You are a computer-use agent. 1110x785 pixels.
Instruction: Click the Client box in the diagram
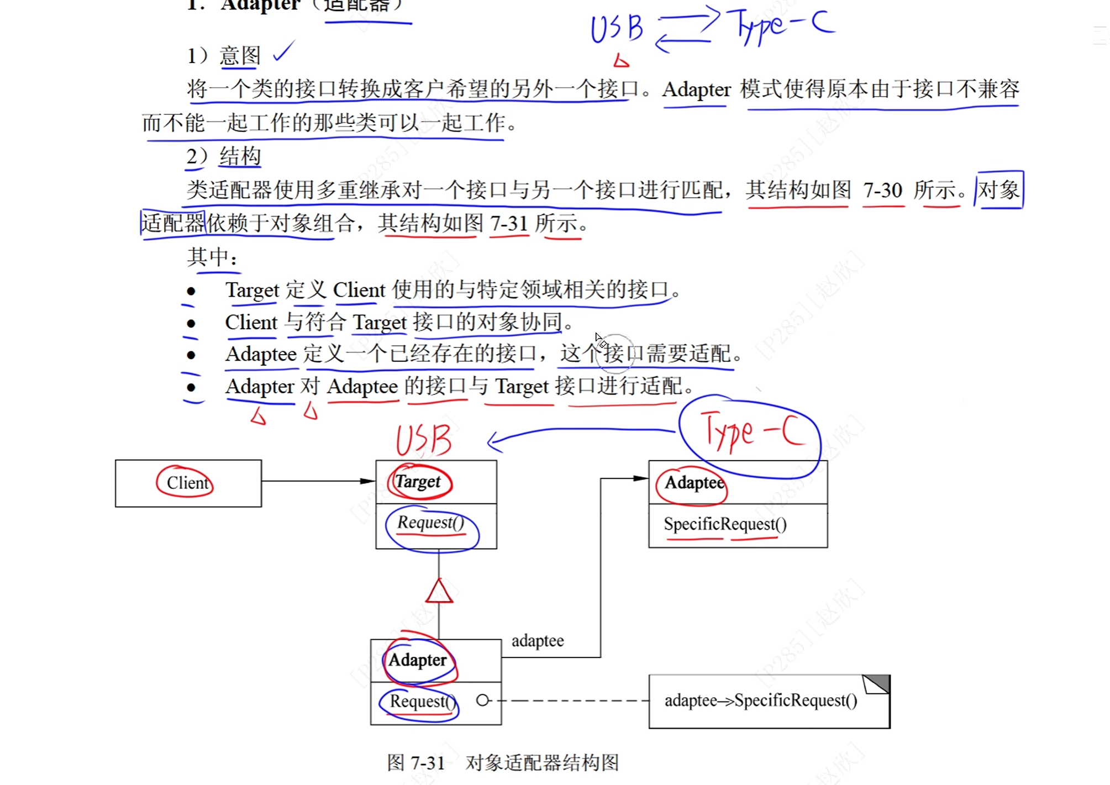[x=188, y=483]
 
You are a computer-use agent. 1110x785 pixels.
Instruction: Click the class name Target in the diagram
[x=418, y=482]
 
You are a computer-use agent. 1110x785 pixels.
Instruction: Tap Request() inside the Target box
[x=430, y=522]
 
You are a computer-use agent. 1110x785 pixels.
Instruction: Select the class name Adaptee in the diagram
[x=694, y=483]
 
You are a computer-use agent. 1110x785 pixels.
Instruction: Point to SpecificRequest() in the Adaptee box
[x=725, y=524]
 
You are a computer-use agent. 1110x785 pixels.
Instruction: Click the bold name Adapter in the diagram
[x=417, y=660]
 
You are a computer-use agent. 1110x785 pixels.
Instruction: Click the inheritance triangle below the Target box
[x=439, y=591]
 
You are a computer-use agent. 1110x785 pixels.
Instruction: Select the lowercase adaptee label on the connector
[x=538, y=641]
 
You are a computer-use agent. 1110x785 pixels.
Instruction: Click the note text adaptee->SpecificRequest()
[x=761, y=700]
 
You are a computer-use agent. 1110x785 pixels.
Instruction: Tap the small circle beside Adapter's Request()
[x=483, y=700]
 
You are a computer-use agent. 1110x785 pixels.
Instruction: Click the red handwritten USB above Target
[x=424, y=440]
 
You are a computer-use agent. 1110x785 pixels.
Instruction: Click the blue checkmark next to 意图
[x=284, y=51]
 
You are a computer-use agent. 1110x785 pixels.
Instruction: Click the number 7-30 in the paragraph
[x=882, y=191]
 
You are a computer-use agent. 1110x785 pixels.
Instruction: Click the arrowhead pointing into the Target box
[x=368, y=481]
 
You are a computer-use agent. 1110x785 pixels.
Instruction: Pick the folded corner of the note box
[x=877, y=684]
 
